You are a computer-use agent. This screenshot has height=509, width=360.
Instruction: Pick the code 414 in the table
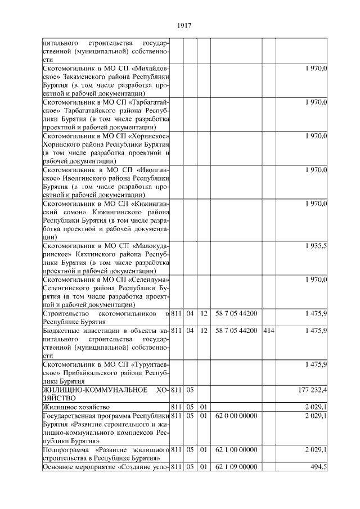(268, 330)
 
